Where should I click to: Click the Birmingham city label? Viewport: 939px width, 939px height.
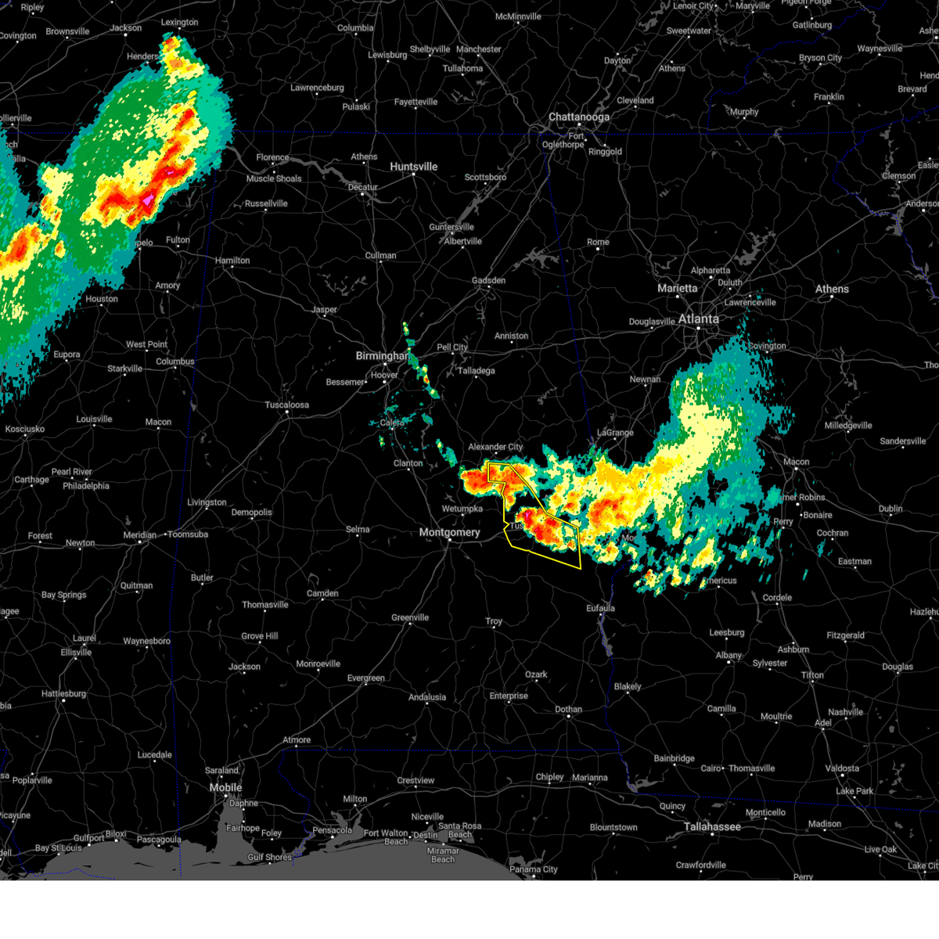382,356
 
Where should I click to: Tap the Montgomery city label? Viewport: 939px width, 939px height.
449,532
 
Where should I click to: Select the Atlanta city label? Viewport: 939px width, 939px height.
698,318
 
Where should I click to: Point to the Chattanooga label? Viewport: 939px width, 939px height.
578,117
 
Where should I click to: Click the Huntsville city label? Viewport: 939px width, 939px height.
413,167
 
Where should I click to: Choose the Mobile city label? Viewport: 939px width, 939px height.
225,787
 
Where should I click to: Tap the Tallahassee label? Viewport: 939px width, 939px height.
712,826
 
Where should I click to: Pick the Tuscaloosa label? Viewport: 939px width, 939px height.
286,405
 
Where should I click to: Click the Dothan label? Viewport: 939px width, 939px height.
568,710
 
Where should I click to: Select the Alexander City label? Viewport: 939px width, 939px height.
495,447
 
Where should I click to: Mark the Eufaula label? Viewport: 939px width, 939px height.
600,608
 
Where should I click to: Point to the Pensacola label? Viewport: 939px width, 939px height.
332,830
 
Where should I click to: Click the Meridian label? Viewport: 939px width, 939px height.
139,535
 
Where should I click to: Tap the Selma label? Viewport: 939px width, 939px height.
358,529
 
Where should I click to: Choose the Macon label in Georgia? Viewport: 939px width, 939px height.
797,462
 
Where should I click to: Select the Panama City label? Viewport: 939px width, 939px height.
534,869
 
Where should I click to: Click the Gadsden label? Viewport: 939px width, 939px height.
488,280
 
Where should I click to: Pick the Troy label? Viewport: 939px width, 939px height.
494,621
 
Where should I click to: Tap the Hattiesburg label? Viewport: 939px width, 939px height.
63,693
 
